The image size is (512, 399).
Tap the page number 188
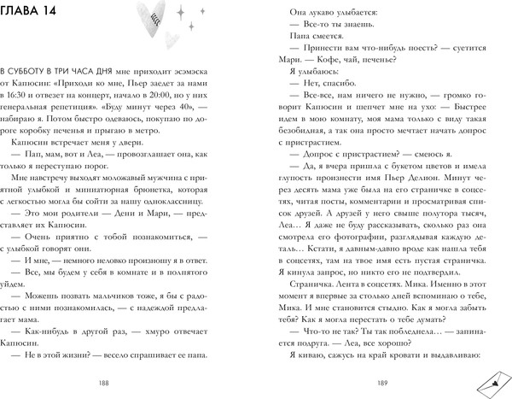click(125, 384)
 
